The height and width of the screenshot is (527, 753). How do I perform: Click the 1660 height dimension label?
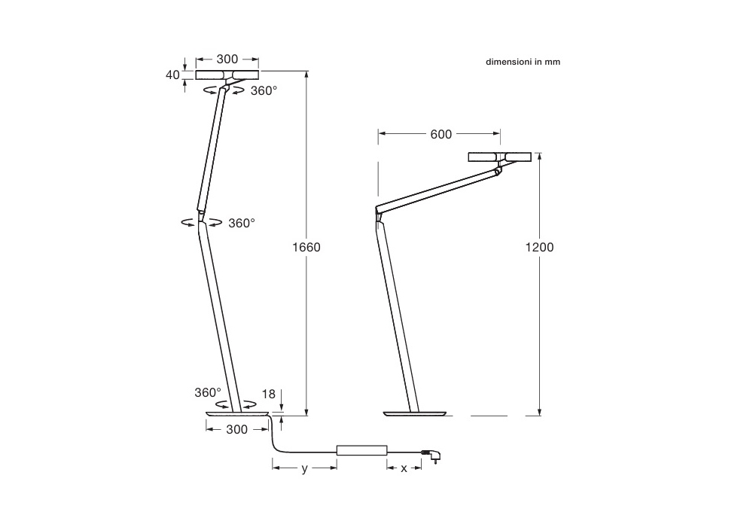click(x=306, y=247)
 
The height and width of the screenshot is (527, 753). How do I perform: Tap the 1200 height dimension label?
click(x=539, y=247)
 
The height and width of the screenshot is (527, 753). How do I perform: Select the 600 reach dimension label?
click(x=441, y=135)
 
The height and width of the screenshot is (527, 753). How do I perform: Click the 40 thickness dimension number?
click(x=172, y=75)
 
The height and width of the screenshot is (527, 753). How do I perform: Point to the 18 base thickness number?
click(x=269, y=394)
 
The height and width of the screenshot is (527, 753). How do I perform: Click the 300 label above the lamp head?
click(x=227, y=59)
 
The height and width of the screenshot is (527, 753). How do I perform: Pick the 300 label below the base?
click(x=236, y=430)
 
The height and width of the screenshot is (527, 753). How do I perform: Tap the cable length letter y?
click(x=304, y=469)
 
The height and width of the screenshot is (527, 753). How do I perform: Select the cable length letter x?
click(x=404, y=468)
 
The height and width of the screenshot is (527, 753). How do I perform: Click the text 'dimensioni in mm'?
click(x=523, y=62)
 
